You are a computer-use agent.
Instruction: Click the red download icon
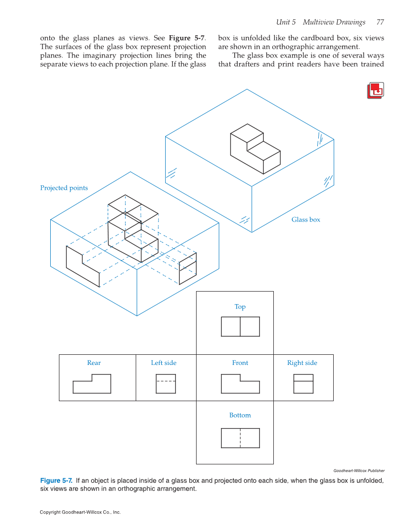tap(375, 91)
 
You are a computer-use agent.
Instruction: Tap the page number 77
tap(380, 22)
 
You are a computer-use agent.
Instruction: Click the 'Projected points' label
tap(64, 188)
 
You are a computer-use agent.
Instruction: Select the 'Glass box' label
tap(306, 220)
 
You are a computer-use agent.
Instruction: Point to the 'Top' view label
tap(240, 307)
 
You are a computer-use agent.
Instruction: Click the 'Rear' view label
tap(94, 363)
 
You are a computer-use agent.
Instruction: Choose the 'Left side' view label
tap(164, 363)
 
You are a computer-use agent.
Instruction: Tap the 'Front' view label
tap(240, 363)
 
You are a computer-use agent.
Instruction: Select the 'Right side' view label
tap(302, 363)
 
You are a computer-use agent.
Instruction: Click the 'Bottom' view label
tap(240, 415)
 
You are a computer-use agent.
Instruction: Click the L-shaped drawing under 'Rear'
tap(92, 385)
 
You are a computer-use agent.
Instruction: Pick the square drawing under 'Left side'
tap(166, 384)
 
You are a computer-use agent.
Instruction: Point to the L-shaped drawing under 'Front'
tap(240, 385)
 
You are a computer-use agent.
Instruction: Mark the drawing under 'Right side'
tap(303, 384)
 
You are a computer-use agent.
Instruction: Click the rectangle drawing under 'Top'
tap(240, 326)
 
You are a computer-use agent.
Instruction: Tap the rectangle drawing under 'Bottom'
tap(240, 438)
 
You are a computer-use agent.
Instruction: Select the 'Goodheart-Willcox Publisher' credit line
tap(359, 471)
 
